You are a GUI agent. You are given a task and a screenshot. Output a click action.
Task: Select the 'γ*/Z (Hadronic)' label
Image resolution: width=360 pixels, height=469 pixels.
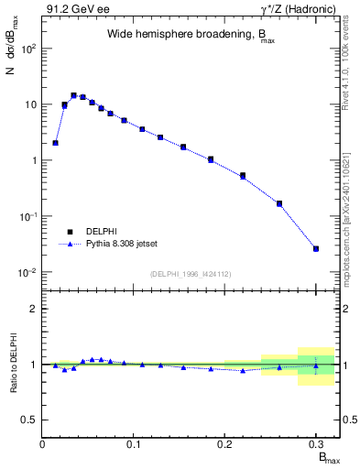(300, 9)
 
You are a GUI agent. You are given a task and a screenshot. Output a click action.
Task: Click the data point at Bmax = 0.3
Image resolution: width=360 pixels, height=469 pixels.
(316, 248)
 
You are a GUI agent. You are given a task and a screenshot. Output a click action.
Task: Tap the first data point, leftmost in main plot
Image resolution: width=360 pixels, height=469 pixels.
(56, 143)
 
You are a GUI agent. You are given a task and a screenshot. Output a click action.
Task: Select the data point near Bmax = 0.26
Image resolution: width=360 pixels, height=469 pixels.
(279, 203)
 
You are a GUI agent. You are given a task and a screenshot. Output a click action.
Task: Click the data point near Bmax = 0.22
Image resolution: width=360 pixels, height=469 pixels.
(243, 175)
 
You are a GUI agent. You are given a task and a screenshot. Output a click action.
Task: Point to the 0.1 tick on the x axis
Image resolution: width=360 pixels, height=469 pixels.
(134, 444)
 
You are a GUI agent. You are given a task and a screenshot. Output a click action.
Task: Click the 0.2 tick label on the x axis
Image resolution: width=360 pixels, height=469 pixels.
(224, 444)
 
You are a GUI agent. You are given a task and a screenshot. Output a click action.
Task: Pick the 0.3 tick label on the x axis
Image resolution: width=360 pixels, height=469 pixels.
(316, 444)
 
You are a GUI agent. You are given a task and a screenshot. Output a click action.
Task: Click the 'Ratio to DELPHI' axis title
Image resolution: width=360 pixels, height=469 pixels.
(12, 365)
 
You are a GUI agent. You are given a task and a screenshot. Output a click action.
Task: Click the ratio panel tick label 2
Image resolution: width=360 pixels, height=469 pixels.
(33, 309)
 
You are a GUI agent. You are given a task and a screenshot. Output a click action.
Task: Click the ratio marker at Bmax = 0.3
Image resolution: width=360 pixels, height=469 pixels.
(316, 365)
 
